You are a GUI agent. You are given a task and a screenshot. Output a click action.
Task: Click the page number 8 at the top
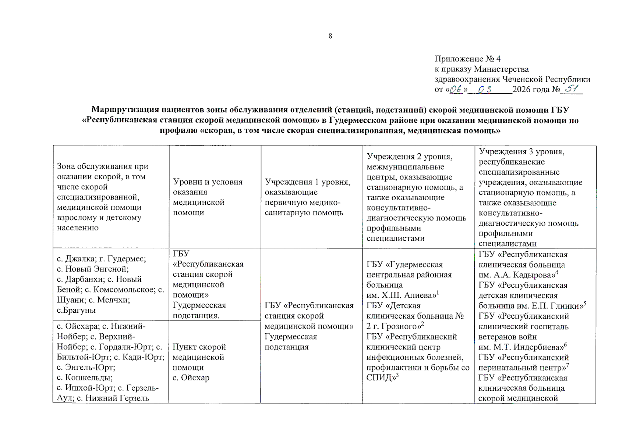pos(330,36)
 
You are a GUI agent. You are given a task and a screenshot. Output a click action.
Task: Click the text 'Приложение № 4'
pos(467,59)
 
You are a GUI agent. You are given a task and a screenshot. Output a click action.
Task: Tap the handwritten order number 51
pos(572,89)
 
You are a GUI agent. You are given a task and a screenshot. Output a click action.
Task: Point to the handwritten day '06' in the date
pos(456,89)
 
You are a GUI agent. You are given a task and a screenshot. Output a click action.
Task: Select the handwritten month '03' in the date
pos(484,90)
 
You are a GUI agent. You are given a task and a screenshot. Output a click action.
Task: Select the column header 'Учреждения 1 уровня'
pos(307,182)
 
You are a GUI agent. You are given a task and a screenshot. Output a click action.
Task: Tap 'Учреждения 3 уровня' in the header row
pos(521,151)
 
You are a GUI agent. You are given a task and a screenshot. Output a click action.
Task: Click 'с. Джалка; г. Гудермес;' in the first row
pos(101,259)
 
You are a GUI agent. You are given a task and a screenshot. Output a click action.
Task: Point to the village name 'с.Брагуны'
pos(76,310)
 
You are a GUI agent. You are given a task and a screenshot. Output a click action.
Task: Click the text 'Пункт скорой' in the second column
pos(199,347)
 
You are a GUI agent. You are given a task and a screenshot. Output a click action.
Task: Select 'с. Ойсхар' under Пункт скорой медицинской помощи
pos(191,378)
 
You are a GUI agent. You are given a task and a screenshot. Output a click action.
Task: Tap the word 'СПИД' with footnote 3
pos(379,378)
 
